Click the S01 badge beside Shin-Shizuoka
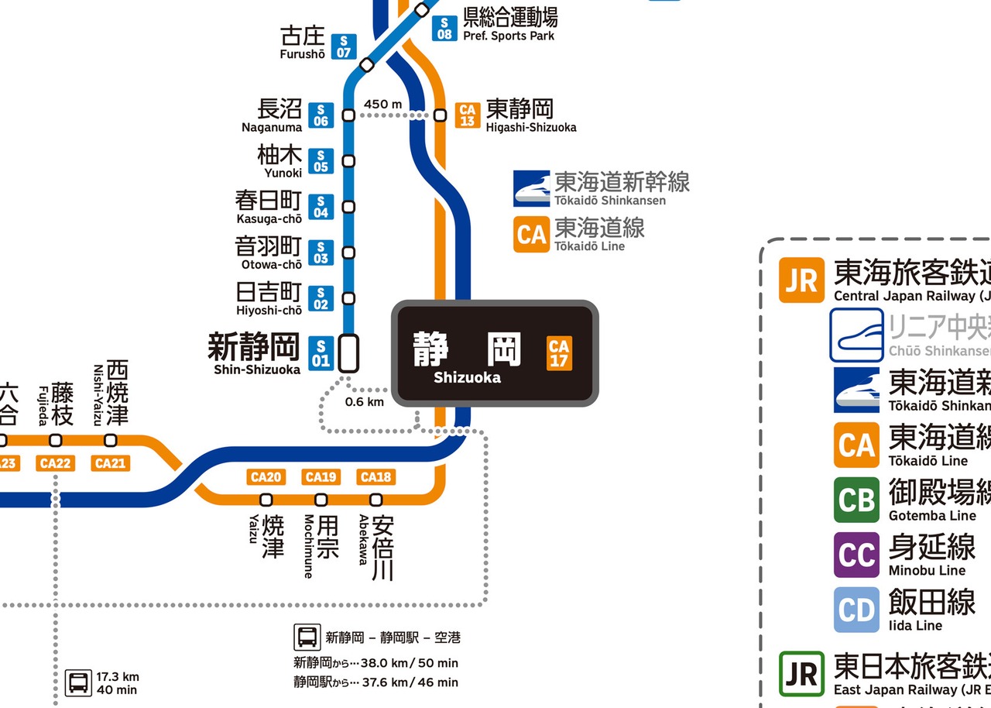point(321,353)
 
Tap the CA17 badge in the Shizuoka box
point(559,353)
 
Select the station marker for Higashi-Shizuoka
point(440,115)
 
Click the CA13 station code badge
point(467,115)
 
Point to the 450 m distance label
point(382,104)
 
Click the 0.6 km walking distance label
point(364,402)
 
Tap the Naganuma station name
point(272,115)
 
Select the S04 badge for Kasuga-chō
point(321,206)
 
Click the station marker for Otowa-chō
point(348,253)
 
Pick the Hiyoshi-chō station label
point(269,298)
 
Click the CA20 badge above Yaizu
point(266,477)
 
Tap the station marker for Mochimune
point(321,500)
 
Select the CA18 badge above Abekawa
point(375,477)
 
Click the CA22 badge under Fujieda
point(56,463)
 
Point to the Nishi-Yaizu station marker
point(111,440)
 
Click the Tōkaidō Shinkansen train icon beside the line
point(532,188)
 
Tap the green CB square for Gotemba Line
point(856,500)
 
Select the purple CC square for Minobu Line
point(856,555)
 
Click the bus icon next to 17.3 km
point(77,682)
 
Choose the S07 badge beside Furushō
point(343,46)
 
